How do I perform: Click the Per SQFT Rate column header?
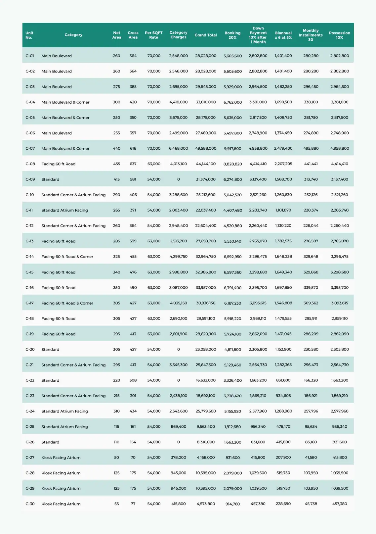153,35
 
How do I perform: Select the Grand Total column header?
205,35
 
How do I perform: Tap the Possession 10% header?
339,35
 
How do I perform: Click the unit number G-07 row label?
30,149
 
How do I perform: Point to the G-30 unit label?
30,504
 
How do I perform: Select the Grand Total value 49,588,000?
206,149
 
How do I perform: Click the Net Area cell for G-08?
116,164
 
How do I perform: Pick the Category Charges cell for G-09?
178,179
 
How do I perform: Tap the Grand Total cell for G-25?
206,427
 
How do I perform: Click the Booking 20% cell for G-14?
232,257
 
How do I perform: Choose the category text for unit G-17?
67,303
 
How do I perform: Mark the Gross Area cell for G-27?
133,458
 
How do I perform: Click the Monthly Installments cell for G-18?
311,318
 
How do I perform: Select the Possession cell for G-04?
339,102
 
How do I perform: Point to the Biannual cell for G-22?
283,380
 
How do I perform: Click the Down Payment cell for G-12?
258,226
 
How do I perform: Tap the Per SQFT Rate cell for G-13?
154,241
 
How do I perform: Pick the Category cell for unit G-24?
64,411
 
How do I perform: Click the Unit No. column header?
29,35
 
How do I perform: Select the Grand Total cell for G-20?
206,350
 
